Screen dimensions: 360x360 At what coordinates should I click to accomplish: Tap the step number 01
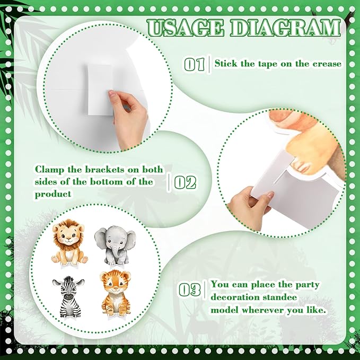coord(194,65)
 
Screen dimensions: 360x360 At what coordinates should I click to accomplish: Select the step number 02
coord(185,182)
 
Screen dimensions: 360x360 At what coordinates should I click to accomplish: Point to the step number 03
coord(189,289)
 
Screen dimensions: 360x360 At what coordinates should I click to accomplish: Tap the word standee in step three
coord(279,297)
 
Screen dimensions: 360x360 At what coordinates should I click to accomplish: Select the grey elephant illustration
coord(115,245)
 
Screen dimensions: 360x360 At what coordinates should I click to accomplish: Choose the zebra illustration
coord(68,296)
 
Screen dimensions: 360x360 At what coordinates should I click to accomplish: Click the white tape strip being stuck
coord(100,90)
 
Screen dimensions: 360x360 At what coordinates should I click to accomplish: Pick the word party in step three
coord(307,285)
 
